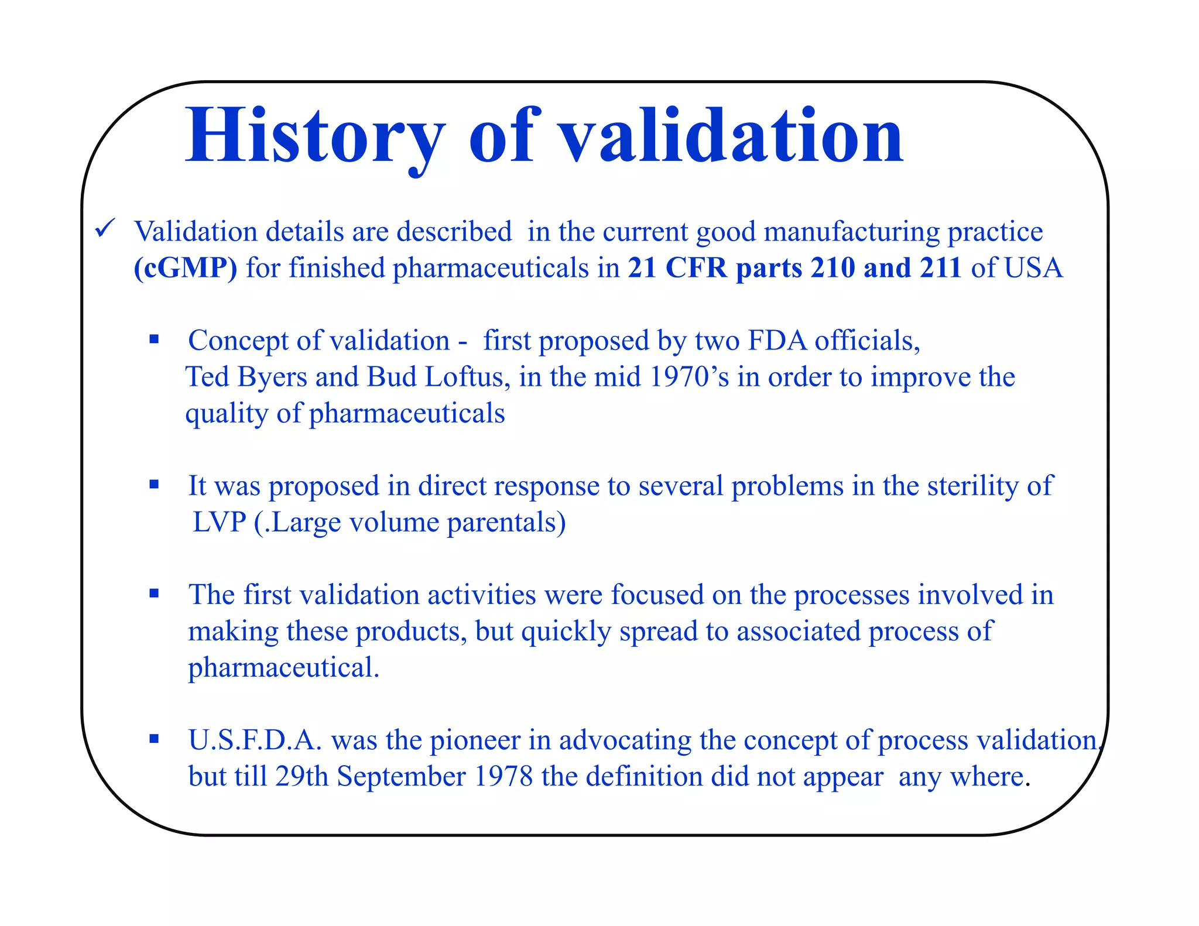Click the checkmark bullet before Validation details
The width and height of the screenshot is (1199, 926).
[105, 228]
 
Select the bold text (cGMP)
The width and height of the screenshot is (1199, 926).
[186, 268]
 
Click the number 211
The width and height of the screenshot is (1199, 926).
[940, 268]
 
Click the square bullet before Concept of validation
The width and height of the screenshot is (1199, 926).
[154, 339]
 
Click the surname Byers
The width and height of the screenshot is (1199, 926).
[272, 377]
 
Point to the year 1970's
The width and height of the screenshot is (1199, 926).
[689, 377]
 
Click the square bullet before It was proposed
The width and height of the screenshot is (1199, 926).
[154, 484]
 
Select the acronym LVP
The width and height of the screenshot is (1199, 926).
[220, 522]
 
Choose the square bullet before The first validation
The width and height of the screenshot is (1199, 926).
[154, 593]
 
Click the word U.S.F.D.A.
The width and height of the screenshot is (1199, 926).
[255, 740]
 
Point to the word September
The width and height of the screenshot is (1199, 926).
[401, 777]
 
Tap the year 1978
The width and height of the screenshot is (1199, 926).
[503, 777]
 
